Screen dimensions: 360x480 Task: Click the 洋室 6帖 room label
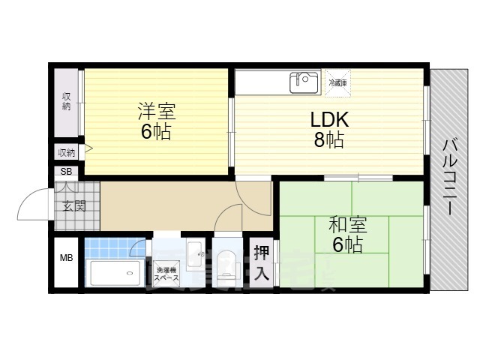click(x=156, y=122)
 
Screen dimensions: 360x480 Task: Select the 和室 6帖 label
click(x=346, y=233)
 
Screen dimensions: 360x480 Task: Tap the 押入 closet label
click(x=261, y=262)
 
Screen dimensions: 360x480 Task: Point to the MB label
click(x=66, y=259)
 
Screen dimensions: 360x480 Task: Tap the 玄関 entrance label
click(x=73, y=206)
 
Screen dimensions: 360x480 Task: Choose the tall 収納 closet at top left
click(x=67, y=102)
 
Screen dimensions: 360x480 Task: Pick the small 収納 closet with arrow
click(x=67, y=152)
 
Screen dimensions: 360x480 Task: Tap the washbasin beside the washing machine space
click(x=195, y=255)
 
